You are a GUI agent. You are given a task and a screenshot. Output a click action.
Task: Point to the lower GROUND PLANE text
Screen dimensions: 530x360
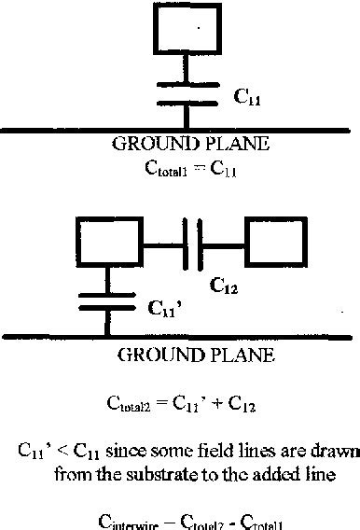(182, 355)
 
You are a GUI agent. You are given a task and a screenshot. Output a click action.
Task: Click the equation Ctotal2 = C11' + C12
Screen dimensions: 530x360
(183, 405)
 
